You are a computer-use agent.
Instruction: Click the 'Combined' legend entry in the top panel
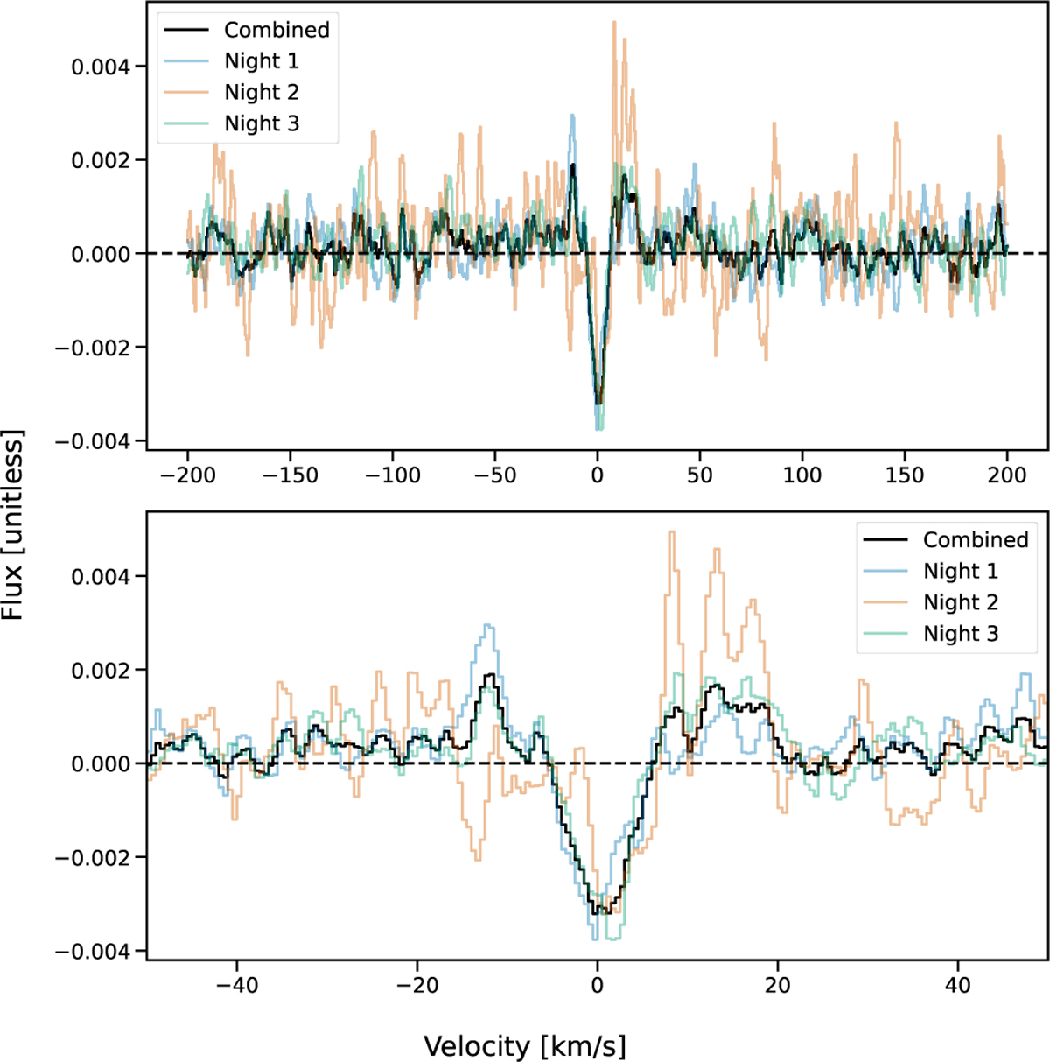[x=276, y=30]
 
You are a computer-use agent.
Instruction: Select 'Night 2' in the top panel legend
[x=262, y=93]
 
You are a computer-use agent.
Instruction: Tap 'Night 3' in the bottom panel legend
[x=960, y=634]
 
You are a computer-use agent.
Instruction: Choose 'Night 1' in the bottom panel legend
[x=960, y=572]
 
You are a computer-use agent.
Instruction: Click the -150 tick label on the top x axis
[x=290, y=475]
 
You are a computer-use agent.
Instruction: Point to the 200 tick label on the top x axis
[x=1006, y=475]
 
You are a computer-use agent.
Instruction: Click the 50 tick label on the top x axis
[x=699, y=475]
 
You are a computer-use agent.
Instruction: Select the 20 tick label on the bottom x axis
[x=777, y=985]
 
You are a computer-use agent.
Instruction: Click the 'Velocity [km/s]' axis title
[x=525, y=1046]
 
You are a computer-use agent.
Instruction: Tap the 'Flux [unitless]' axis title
[x=13, y=524]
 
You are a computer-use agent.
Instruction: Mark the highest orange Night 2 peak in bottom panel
[x=672, y=532]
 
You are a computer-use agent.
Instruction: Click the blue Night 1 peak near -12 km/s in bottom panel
[x=488, y=626]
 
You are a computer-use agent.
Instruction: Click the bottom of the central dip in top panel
[x=598, y=426]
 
